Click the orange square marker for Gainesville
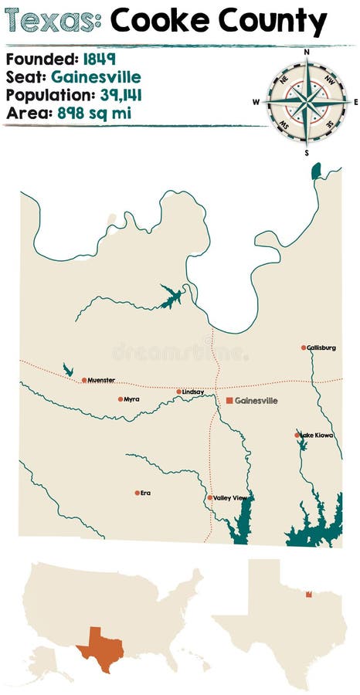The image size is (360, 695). tap(229, 401)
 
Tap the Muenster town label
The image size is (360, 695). tap(101, 381)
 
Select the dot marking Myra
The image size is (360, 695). tap(121, 399)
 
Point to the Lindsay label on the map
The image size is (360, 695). tap(193, 392)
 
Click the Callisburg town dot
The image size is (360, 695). tap(304, 347)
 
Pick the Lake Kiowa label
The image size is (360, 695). tap(317, 436)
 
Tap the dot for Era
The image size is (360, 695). tap(138, 493)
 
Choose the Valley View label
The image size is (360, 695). tap(230, 498)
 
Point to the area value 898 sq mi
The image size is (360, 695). tap(98, 113)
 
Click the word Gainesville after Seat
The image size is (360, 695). tap(97, 77)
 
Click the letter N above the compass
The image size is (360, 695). tap(307, 53)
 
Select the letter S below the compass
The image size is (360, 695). tap(307, 152)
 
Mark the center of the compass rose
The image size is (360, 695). tap(307, 102)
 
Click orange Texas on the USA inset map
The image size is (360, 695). tap(102, 649)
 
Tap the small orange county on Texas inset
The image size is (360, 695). tap(309, 595)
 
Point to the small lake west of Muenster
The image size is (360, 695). tap(68, 371)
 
